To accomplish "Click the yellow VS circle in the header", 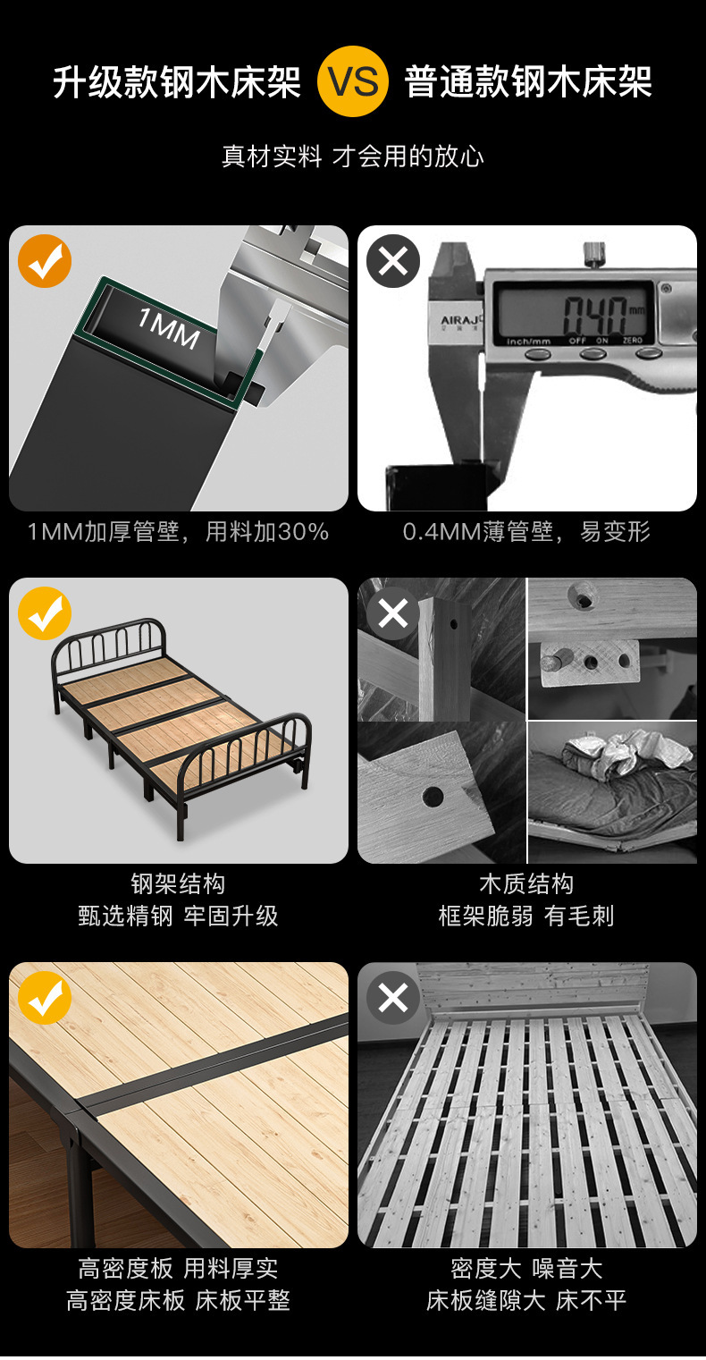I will (x=353, y=81).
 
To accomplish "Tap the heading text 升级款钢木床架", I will (x=177, y=82).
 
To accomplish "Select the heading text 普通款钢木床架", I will (x=528, y=82).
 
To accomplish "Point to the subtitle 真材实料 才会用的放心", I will (x=353, y=156).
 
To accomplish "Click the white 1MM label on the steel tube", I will (x=168, y=327).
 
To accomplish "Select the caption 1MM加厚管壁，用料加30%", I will (x=178, y=532).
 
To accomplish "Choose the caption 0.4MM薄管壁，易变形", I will (x=526, y=532).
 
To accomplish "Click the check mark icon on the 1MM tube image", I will (x=45, y=261).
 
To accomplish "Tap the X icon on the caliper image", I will (x=393, y=261).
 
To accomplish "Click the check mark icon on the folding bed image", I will (x=45, y=613).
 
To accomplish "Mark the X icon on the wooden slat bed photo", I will (x=393, y=998).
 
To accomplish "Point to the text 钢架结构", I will (x=178, y=884).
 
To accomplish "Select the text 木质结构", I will (x=526, y=884).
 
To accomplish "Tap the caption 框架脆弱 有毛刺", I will (x=526, y=917).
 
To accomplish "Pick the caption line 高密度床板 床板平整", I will (x=178, y=1300).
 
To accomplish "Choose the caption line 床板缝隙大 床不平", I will (x=526, y=1300).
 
